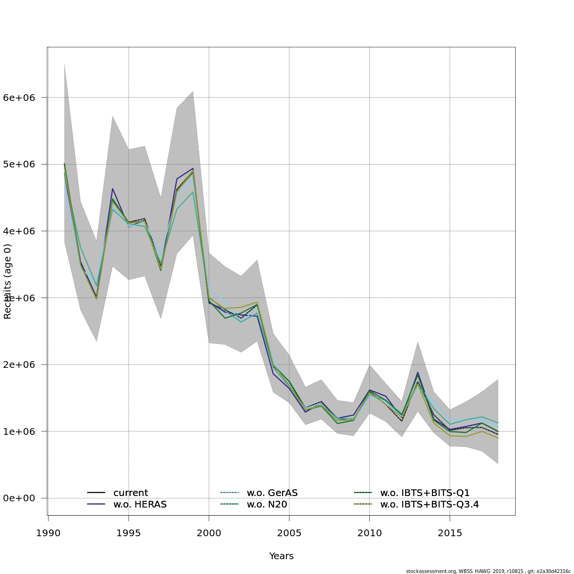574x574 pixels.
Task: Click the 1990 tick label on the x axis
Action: pos(48,532)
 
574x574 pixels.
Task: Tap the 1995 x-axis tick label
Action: pos(129,532)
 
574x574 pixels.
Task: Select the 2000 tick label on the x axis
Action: pos(209,532)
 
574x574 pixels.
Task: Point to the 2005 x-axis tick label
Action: pos(289,532)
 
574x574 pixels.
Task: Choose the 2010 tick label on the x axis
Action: pos(370,532)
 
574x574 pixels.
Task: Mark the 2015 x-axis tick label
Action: pos(450,532)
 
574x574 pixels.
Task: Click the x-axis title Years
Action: pos(281,556)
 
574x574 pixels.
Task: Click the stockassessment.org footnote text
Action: pos(488,571)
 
